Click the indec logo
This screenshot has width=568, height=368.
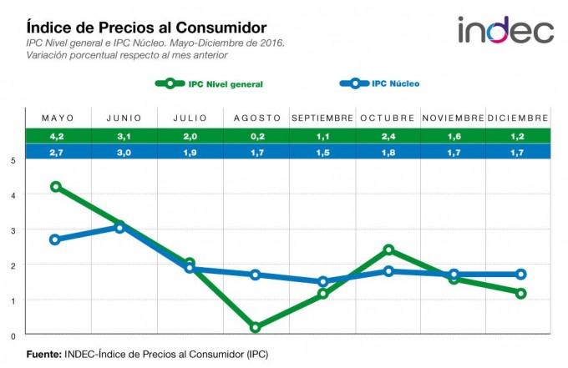point(505,30)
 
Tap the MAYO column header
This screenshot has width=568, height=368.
point(58,118)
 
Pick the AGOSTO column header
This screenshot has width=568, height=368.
point(256,118)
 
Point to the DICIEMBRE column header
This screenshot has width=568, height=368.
point(518,118)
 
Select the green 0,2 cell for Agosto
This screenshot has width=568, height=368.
point(256,136)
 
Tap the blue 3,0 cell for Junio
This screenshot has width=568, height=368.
point(123,152)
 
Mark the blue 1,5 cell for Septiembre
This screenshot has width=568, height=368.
point(322,152)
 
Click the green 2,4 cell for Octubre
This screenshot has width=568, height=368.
point(388,136)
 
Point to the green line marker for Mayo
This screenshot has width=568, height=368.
point(56,187)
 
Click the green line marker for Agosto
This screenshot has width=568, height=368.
point(255,328)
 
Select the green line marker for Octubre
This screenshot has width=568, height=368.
point(388,250)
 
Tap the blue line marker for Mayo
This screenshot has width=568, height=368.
point(55,239)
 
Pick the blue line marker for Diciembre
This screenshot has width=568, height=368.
point(520,274)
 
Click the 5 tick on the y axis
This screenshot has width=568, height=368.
point(13,160)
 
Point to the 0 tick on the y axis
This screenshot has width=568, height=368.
point(13,335)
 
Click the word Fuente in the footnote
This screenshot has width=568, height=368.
point(43,354)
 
